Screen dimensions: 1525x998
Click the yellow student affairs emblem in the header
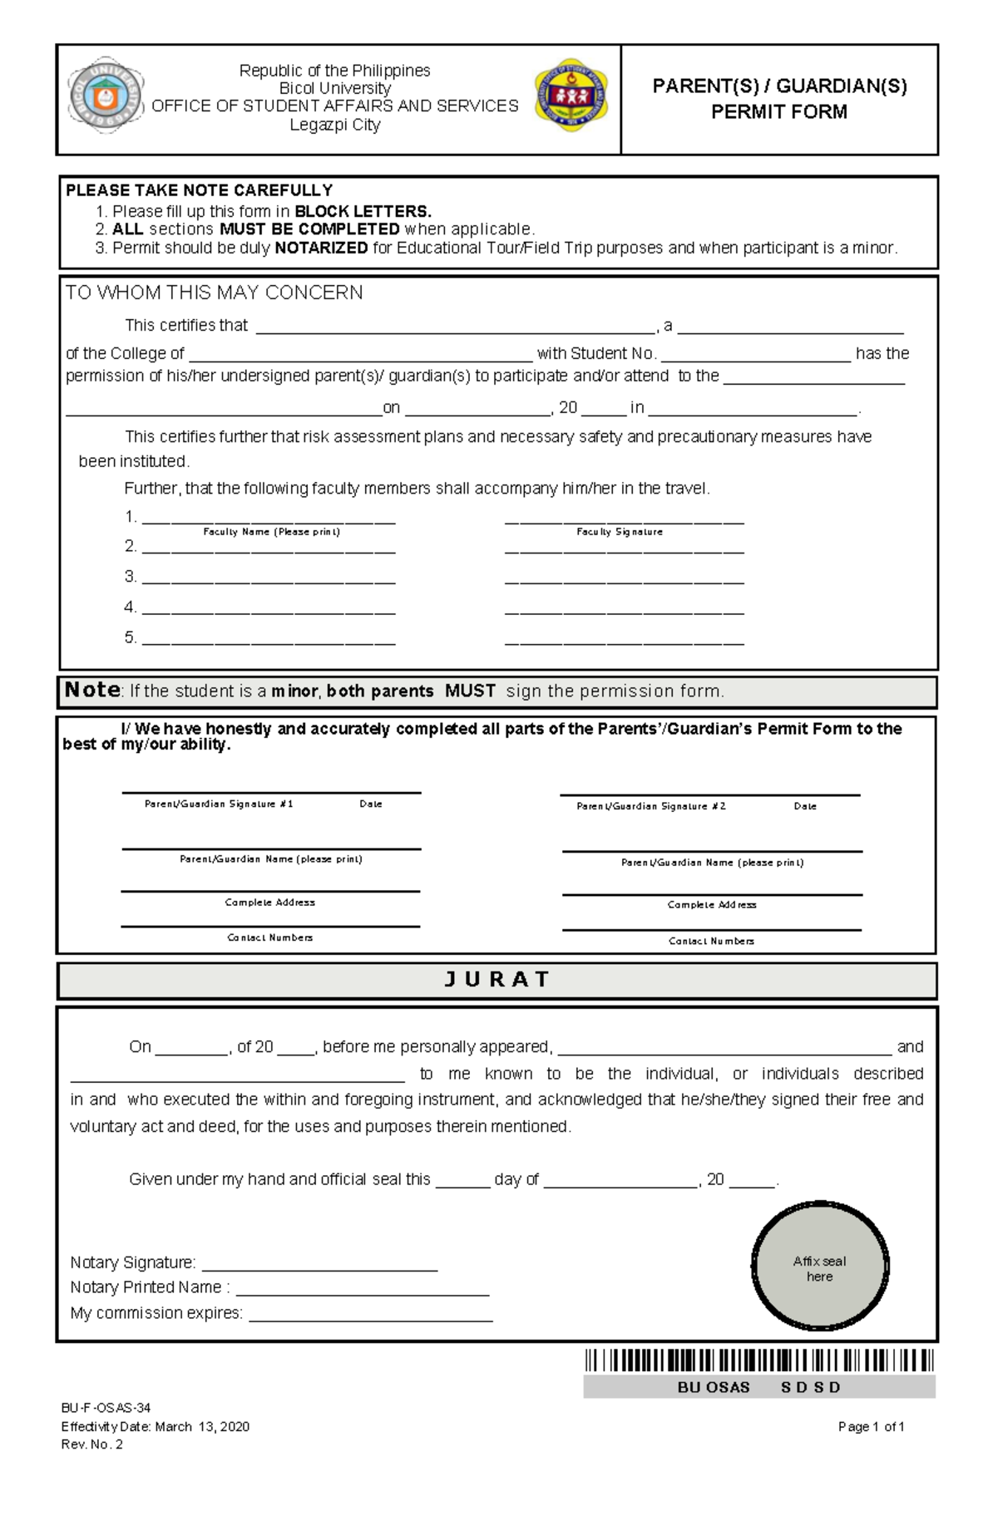571,95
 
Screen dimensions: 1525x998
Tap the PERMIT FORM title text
778,111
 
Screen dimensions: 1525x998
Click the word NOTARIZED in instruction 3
321,248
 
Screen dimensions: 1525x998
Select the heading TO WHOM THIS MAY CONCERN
214,293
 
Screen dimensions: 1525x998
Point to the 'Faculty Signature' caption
620,532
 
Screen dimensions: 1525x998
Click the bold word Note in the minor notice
92,690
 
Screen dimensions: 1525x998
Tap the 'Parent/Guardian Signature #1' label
219,804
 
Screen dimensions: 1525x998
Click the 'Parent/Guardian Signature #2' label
651,806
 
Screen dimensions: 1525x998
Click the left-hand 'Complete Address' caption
269,903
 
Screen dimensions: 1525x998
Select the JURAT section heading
497,980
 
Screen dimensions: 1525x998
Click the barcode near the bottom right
758,1360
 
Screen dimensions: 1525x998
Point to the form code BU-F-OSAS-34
106,1408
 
